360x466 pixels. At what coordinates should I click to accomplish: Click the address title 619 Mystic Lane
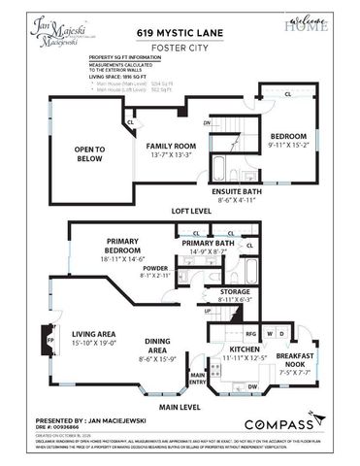[180, 28]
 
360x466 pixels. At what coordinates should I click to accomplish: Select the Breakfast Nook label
[297, 358]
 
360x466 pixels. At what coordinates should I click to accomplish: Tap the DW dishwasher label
[252, 385]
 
